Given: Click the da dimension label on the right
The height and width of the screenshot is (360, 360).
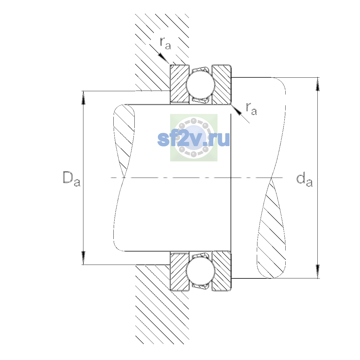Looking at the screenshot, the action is tap(304, 181).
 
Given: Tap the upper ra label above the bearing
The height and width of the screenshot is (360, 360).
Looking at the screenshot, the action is tap(165, 43).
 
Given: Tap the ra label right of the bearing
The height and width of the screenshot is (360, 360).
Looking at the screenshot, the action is tap(251, 109).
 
